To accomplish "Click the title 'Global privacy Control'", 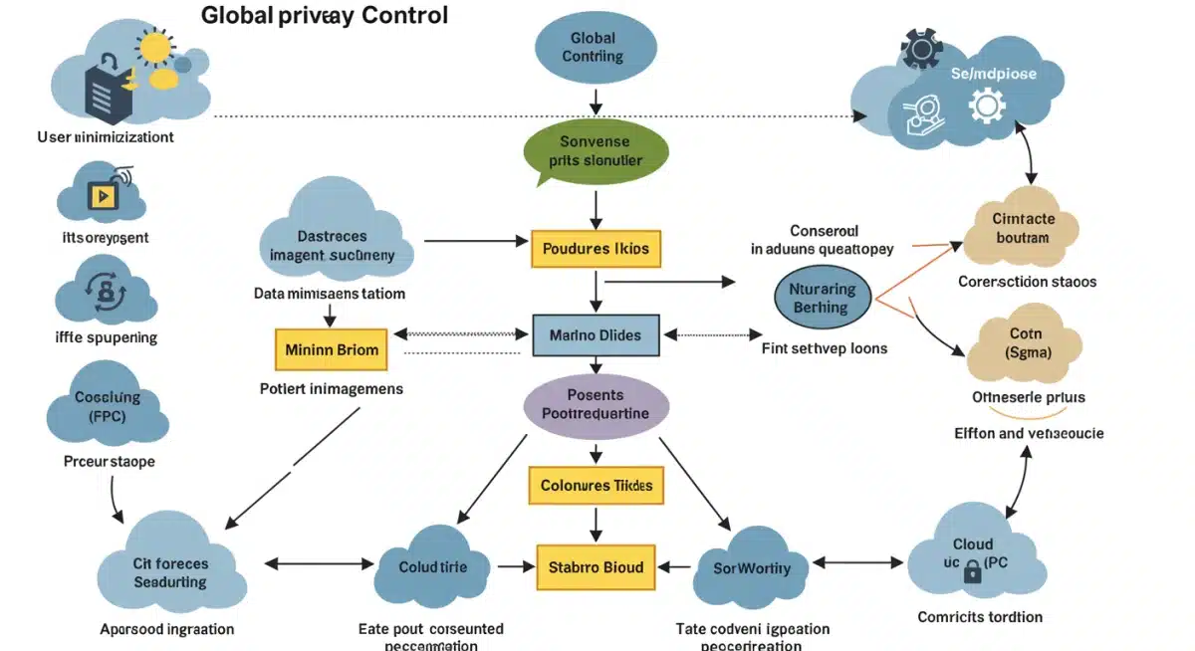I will click(x=325, y=16).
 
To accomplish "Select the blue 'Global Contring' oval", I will click(x=594, y=47).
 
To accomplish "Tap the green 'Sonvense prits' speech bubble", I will click(x=595, y=151).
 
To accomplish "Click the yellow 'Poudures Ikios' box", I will click(x=596, y=249).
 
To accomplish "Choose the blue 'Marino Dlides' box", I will click(x=596, y=335).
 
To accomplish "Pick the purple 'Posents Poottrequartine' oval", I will click(x=596, y=405).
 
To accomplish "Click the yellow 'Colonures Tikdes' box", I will click(x=596, y=486).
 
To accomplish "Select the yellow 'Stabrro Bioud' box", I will click(x=596, y=567).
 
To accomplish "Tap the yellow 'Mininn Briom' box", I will click(x=331, y=349).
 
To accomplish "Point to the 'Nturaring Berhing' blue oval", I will click(x=823, y=298).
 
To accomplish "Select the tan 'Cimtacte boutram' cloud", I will click(x=1022, y=229).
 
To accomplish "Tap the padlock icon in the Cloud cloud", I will click(x=971, y=571).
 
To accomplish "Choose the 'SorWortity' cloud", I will click(x=752, y=568).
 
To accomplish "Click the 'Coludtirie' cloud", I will click(x=432, y=567).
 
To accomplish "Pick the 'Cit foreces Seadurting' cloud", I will click(x=170, y=572).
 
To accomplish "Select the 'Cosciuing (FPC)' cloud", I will click(x=108, y=404).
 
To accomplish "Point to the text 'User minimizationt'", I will click(x=105, y=137).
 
